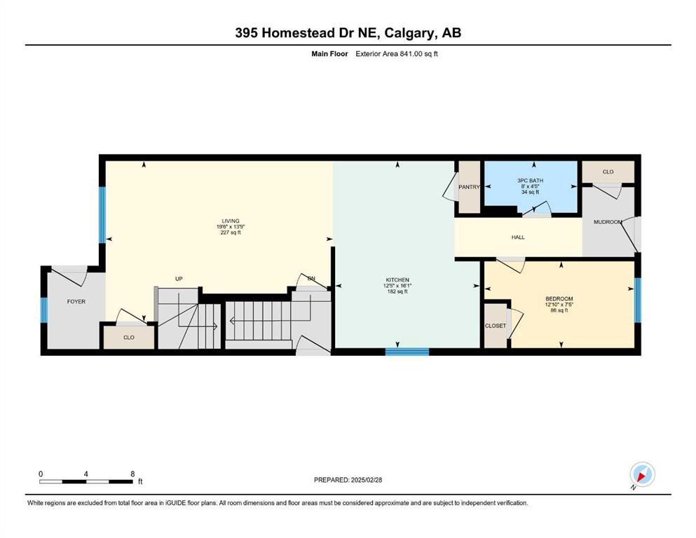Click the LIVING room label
(x=231, y=221)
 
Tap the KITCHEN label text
(x=397, y=280)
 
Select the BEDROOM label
(x=559, y=299)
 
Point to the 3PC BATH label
(x=530, y=181)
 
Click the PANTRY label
(x=469, y=187)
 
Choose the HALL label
(x=518, y=237)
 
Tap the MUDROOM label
(x=608, y=222)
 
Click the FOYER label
(x=76, y=302)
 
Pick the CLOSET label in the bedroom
(x=495, y=326)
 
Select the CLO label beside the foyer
(x=129, y=338)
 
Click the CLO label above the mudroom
(x=608, y=172)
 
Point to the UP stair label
(x=179, y=279)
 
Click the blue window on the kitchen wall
(x=407, y=352)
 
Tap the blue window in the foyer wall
(x=44, y=310)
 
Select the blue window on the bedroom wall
(x=638, y=300)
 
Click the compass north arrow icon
(x=642, y=475)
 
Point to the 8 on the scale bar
(x=132, y=474)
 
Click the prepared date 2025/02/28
(x=366, y=480)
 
